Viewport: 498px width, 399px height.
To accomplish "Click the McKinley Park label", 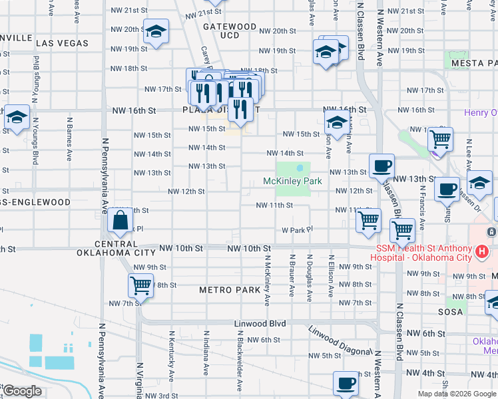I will pyautogui.click(x=292, y=181).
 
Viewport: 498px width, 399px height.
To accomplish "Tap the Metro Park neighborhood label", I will pyautogui.click(x=230, y=290).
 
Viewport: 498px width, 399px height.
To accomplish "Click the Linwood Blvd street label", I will pyautogui.click(x=260, y=323).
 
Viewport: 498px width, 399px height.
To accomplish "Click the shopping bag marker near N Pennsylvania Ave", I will pyautogui.click(x=121, y=221).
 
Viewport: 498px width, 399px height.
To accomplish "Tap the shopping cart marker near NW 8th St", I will pyautogui.click(x=140, y=286).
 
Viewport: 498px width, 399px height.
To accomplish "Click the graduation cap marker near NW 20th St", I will pyautogui.click(x=156, y=31).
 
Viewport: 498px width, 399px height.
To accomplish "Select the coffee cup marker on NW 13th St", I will pyautogui.click(x=381, y=166).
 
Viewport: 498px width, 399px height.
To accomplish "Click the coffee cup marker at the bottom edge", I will pyautogui.click(x=346, y=384).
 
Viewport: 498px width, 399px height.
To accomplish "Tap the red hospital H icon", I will pyautogui.click(x=483, y=253).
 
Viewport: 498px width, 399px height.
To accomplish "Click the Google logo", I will pyautogui.click(x=22, y=391).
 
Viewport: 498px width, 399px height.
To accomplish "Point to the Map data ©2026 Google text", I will pyautogui.click(x=456, y=394).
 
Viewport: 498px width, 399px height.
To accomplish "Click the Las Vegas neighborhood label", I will pyautogui.click(x=63, y=43).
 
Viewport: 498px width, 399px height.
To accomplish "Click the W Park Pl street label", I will pyautogui.click(x=296, y=229).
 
